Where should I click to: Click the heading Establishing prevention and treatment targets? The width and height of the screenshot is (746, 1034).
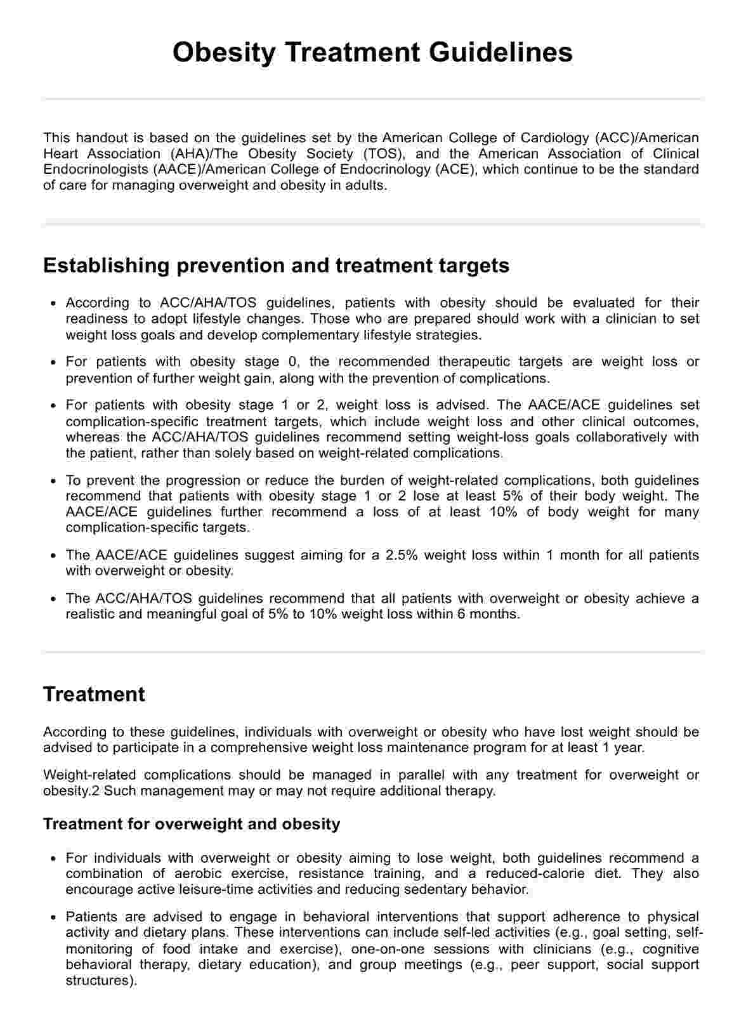(276, 265)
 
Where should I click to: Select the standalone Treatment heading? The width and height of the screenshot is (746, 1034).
(94, 694)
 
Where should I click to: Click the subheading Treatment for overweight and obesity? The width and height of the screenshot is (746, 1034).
(192, 824)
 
